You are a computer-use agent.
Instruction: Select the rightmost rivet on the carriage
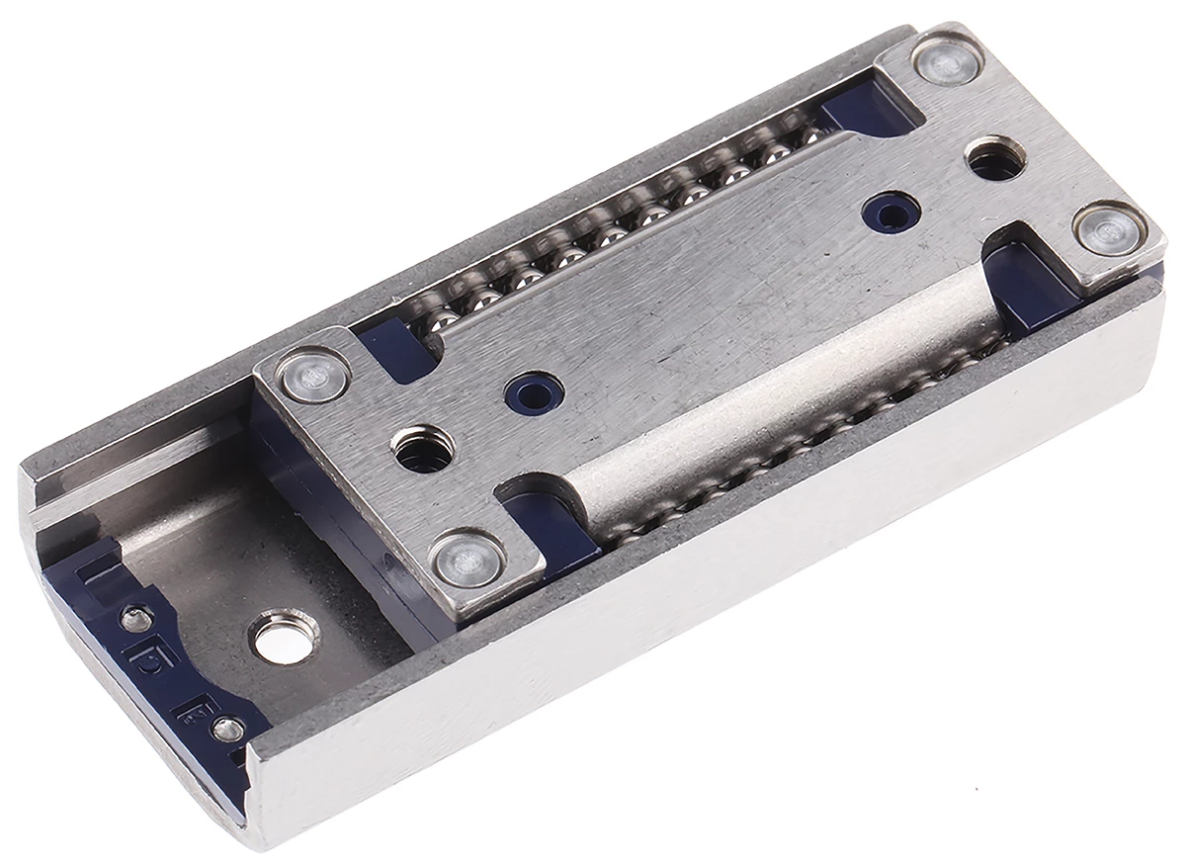tap(1106, 232)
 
